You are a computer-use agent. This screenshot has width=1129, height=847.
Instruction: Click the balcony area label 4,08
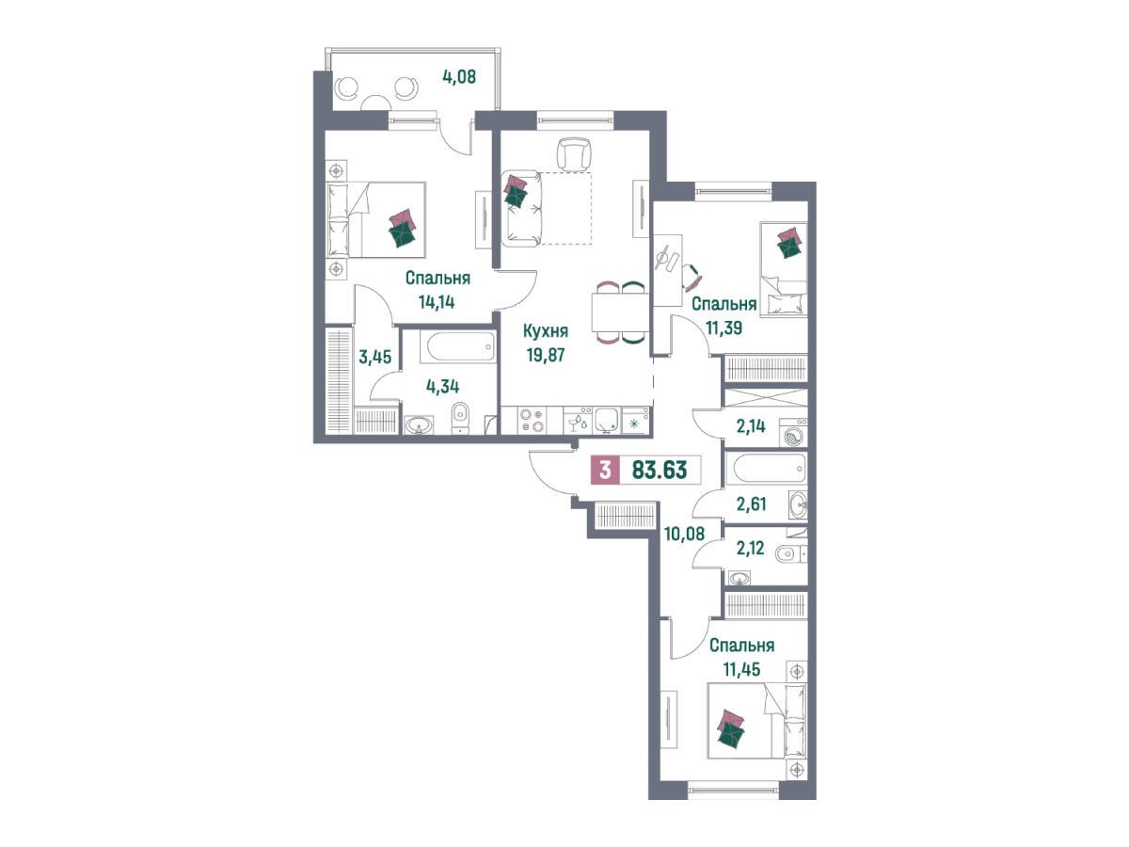pyautogui.click(x=459, y=77)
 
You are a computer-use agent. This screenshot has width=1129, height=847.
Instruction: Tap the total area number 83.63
pyautogui.click(x=659, y=470)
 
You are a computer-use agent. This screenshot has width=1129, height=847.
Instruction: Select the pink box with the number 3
pyautogui.click(x=605, y=470)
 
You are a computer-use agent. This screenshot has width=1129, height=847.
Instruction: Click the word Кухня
pyautogui.click(x=545, y=330)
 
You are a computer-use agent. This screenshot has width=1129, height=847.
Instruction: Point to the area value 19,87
pyautogui.click(x=545, y=355)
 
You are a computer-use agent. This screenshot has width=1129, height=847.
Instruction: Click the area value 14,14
pyautogui.click(x=437, y=301)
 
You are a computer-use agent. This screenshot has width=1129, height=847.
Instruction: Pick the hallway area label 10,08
pyautogui.click(x=684, y=534)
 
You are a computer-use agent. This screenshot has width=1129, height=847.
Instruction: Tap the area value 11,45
pyautogui.click(x=741, y=669)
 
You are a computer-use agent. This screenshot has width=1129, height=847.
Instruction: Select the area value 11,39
pyautogui.click(x=724, y=328)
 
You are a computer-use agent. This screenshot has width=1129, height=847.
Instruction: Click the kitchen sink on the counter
pyautogui.click(x=608, y=420)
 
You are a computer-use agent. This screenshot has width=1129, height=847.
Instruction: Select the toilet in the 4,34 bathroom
pyautogui.click(x=459, y=417)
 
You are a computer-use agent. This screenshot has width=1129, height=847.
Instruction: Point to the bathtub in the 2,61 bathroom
pyautogui.click(x=769, y=469)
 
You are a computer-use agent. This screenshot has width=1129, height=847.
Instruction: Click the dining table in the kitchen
pyautogui.click(x=618, y=312)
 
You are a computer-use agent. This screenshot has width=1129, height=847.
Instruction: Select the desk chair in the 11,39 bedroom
pyautogui.click(x=692, y=275)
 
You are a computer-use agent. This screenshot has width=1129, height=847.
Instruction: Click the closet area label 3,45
pyautogui.click(x=375, y=357)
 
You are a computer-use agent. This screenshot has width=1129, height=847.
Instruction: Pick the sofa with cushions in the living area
pyautogui.click(x=524, y=207)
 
